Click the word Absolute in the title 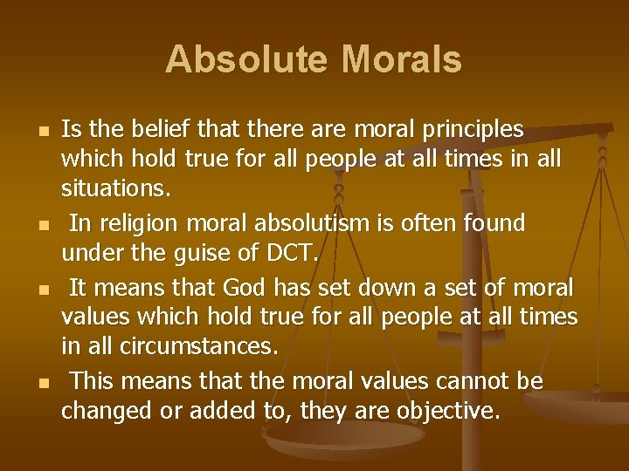tap(245, 59)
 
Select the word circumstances tap(182, 347)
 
